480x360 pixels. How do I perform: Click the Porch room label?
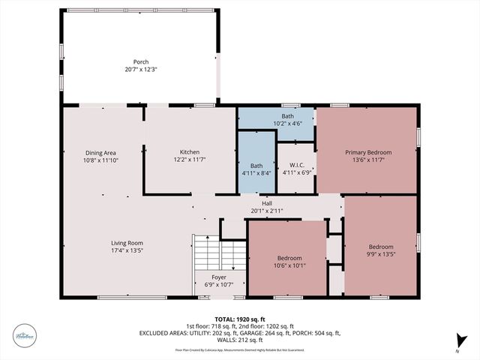point(141,61)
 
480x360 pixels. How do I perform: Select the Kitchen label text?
point(189,152)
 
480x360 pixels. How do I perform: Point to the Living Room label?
point(127,243)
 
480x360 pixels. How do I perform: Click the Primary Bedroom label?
point(368,152)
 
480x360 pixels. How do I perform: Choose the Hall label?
point(266,203)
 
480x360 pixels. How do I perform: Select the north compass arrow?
point(463,340)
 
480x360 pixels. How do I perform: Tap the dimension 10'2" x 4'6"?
point(287,124)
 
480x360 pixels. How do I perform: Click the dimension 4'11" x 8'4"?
point(256,173)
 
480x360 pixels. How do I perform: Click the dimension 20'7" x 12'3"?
point(141,69)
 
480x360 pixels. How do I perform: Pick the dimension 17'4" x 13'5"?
point(127,250)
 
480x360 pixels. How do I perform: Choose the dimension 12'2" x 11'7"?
point(189,160)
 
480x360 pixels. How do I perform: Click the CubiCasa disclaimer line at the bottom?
point(239,349)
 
